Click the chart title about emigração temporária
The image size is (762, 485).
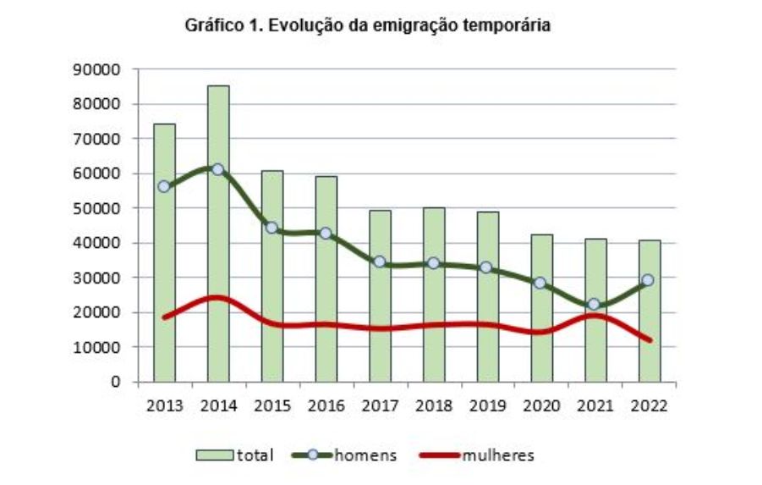[x=368, y=26]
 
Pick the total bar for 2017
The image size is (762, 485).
[x=380, y=295]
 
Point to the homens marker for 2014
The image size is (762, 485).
[x=217, y=169]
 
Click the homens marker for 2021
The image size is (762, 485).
[x=595, y=304]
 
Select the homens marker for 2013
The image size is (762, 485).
[x=164, y=186]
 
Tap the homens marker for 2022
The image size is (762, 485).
[x=648, y=279]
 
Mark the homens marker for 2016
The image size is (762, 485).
[x=326, y=233]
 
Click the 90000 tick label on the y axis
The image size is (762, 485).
[x=100, y=69]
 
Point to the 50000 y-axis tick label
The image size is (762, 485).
[x=100, y=208]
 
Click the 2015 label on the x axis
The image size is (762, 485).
[x=272, y=405]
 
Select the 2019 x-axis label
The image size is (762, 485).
[x=488, y=405]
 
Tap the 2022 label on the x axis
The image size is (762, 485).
[x=650, y=405]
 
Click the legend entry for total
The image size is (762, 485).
[x=236, y=455]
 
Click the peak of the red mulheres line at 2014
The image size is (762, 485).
[x=217, y=298]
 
